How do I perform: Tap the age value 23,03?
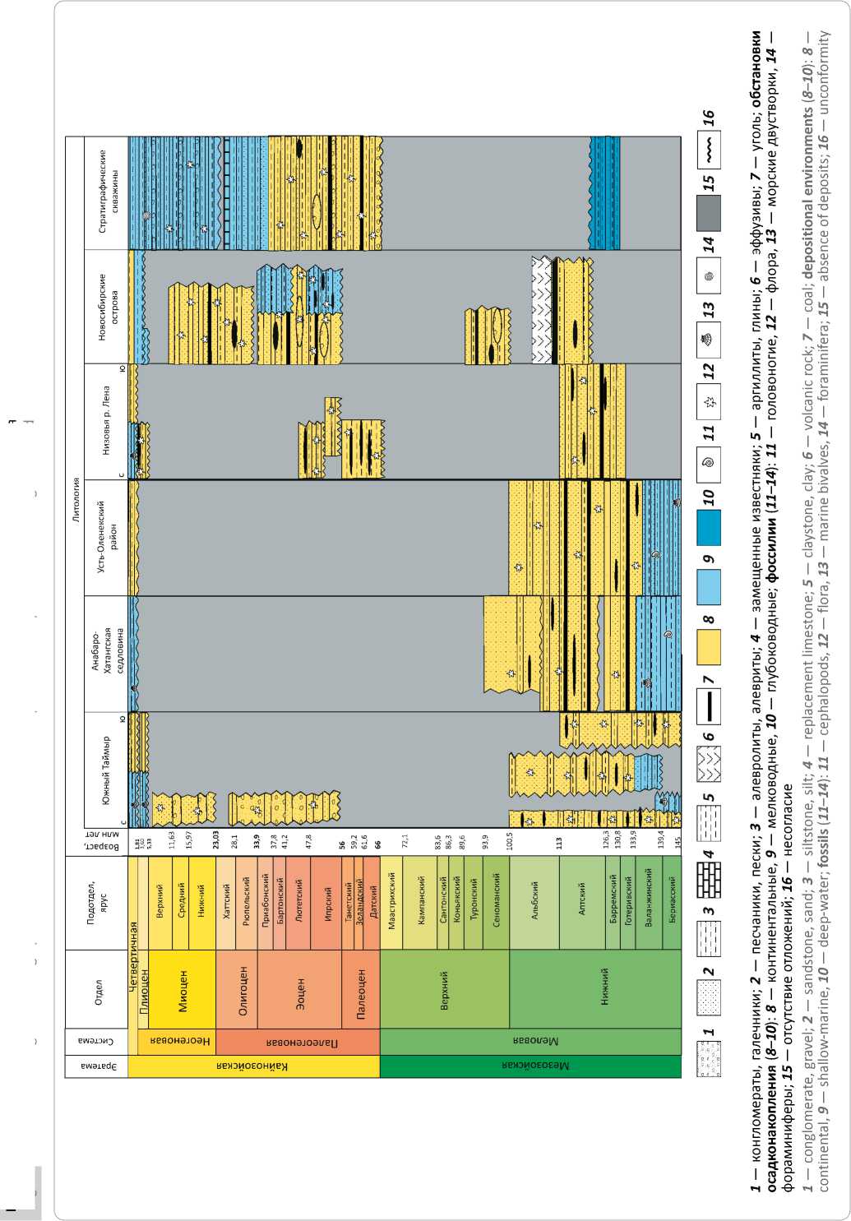[x=216, y=840]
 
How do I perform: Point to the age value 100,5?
[x=509, y=840]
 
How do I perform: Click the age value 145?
[x=677, y=840]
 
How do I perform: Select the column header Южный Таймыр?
[x=107, y=770]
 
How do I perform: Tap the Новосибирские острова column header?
[x=107, y=307]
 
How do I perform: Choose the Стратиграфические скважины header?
[x=107, y=191]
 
